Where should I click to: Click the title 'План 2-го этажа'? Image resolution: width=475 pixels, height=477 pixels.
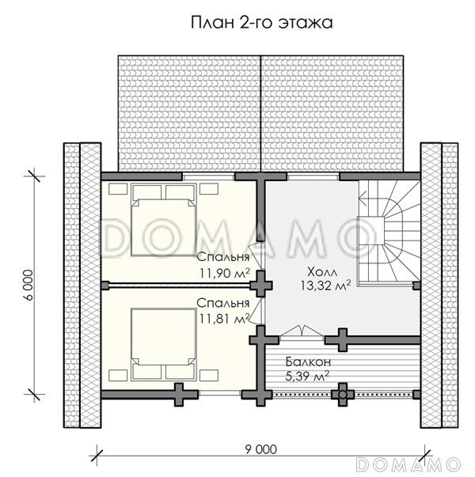click(x=260, y=22)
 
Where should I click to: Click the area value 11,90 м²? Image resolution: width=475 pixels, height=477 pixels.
click(x=224, y=273)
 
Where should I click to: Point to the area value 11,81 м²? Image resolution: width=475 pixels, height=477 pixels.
click(x=224, y=318)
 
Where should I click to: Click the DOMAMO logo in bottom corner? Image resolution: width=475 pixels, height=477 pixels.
click(x=408, y=463)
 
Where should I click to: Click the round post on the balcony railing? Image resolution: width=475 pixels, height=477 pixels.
click(x=343, y=392)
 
